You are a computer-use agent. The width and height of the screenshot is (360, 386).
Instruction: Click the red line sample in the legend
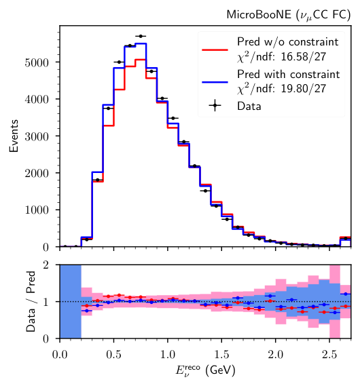coord(216,49)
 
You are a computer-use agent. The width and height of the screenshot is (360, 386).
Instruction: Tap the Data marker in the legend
coord(216,105)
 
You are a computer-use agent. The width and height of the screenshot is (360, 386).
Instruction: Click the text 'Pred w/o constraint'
coord(283,42)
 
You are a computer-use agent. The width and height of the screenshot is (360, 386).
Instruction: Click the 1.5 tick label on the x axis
coord(221,353)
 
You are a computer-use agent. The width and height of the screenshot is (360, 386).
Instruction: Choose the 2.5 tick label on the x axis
coord(329,353)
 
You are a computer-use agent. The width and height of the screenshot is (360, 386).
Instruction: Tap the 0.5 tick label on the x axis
coord(113,353)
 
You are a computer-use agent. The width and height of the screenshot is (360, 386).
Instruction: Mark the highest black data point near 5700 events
coord(141,36)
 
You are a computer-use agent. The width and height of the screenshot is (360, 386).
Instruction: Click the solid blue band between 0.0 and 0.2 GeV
coord(71,302)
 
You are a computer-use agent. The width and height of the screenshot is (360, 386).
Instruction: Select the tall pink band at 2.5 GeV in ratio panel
coord(334,302)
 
